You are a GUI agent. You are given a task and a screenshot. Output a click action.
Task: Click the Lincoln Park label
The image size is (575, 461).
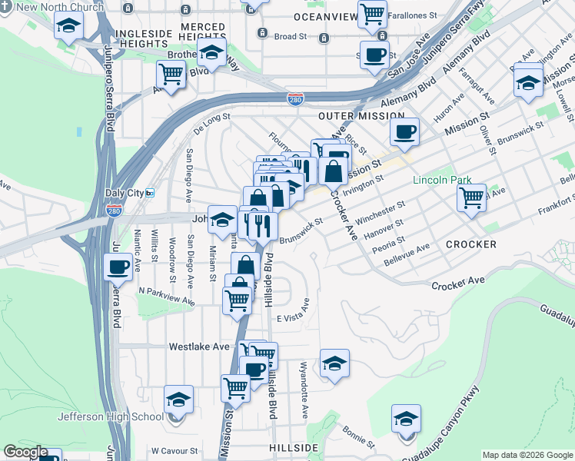pyautogui.click(x=442, y=180)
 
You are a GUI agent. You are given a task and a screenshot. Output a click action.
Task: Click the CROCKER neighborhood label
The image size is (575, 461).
pyautogui.click(x=470, y=244)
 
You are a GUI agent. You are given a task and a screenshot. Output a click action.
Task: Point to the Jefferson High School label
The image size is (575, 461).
pyautogui.click(x=110, y=417)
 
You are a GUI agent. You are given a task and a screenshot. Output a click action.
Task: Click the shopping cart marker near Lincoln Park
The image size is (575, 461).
pyautogui.click(x=471, y=197)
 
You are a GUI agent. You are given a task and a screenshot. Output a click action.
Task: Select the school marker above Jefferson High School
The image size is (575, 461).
pyautogui.click(x=178, y=399)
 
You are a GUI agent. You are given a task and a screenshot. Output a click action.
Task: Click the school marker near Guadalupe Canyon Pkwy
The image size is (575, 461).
pyautogui.click(x=406, y=418)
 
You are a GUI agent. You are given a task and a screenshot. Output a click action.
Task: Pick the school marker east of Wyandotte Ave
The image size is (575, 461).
pyautogui.click(x=334, y=363)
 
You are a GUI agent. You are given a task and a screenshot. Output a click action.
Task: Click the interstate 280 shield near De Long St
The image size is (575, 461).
pyautogui.click(x=295, y=98)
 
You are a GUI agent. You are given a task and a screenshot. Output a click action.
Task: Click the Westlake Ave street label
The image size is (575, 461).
pyautogui.click(x=200, y=347)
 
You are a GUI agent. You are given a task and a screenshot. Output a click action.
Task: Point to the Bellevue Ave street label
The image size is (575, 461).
pyautogui.click(x=407, y=252)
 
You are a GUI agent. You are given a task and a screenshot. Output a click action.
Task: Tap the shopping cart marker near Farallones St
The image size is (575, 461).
pyautogui.click(x=372, y=13)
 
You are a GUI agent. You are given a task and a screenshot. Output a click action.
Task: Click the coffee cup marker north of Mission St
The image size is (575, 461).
pyautogui.click(x=404, y=131)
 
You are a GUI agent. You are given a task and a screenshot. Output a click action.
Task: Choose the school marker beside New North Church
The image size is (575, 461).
pyautogui.click(x=69, y=26)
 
